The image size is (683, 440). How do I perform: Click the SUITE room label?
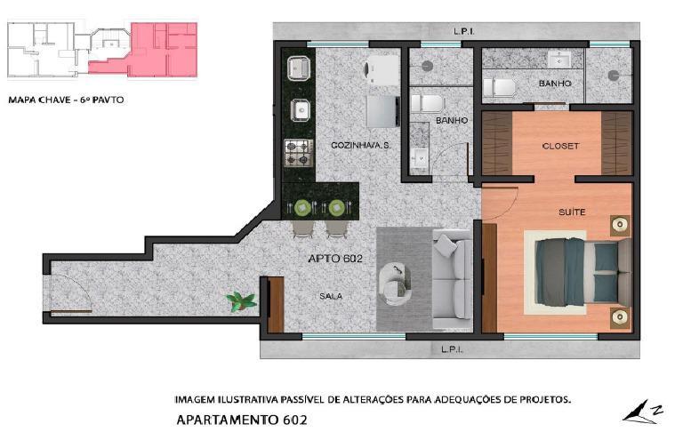(x=572, y=212)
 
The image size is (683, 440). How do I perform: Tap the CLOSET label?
(x=560, y=147)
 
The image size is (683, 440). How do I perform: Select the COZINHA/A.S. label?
(x=361, y=146)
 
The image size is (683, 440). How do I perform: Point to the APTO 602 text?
(x=335, y=259)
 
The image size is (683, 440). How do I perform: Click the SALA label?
(x=331, y=296)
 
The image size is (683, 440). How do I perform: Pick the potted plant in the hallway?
(x=241, y=301)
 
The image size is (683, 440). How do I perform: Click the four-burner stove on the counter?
(x=299, y=153)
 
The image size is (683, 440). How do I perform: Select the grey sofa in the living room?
(x=452, y=280)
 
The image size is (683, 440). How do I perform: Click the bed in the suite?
(x=583, y=272)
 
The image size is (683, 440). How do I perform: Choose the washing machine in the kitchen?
(x=382, y=69)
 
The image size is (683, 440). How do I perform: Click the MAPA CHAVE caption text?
(x=66, y=100)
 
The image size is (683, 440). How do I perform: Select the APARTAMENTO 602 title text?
(x=242, y=420)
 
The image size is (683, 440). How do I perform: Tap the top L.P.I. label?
(x=464, y=31)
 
